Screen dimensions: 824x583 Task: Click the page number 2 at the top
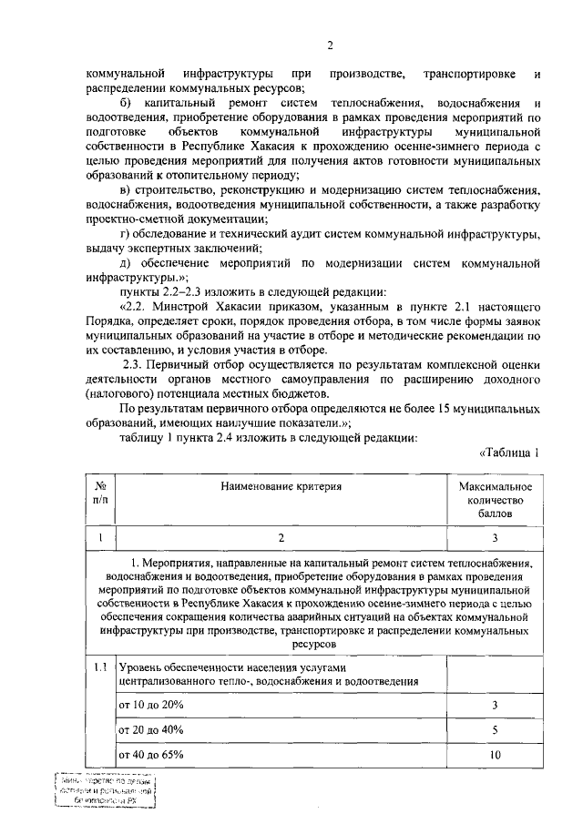click(330, 45)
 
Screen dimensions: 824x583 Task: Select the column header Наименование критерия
click(281, 487)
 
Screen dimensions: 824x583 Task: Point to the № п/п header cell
click(100, 493)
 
